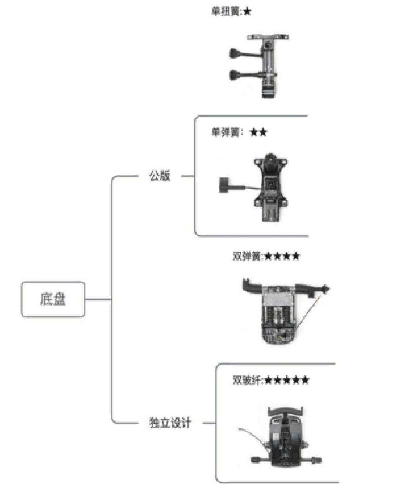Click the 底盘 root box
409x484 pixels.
click(x=53, y=299)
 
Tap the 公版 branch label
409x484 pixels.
click(x=160, y=176)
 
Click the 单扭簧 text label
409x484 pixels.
click(x=226, y=12)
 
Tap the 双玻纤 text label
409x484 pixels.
click(x=247, y=380)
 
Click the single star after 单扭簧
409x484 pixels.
click(x=247, y=12)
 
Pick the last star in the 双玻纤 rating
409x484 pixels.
click(x=305, y=380)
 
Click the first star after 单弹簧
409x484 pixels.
click(x=254, y=132)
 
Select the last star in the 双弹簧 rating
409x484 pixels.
click(x=296, y=256)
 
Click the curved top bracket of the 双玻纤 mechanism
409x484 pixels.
click(x=285, y=411)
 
